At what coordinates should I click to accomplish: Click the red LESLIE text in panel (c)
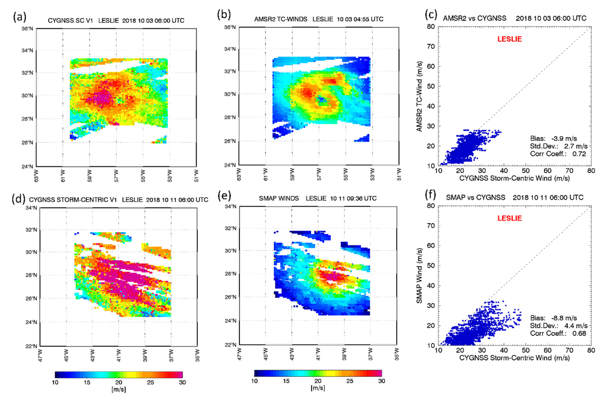509,39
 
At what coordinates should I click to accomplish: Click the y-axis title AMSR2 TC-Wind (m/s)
419,96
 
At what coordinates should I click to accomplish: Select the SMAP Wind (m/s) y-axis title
419,276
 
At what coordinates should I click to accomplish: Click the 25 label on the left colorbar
150,382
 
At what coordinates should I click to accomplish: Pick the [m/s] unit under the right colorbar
318,388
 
